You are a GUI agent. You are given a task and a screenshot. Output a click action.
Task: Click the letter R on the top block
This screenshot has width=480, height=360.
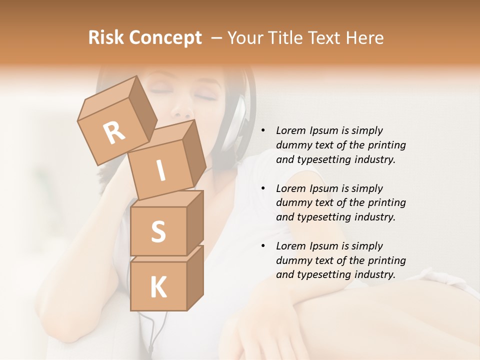[x=114, y=132]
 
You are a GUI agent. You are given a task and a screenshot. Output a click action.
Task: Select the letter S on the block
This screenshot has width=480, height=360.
[x=158, y=231]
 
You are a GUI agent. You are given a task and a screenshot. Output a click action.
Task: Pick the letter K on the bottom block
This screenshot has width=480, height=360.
[x=158, y=287]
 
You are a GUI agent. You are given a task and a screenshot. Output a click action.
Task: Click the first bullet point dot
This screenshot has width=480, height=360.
[x=263, y=130]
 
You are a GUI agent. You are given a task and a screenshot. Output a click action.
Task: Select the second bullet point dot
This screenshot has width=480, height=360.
[x=263, y=188]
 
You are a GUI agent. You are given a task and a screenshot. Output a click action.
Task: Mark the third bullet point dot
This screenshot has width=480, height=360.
[x=263, y=246]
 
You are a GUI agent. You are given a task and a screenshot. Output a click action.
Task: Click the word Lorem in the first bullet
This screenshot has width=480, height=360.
[x=290, y=130]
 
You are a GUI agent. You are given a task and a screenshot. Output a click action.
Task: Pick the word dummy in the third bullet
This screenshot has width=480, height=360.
[x=292, y=260]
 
